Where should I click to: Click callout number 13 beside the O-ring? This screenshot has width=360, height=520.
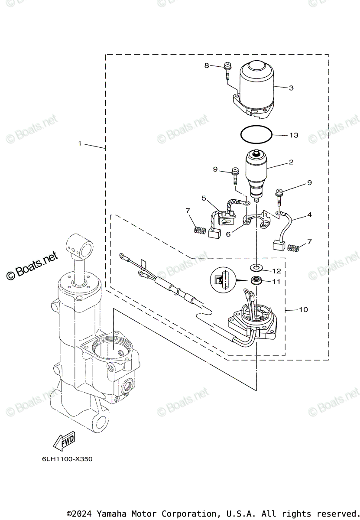tap(294, 135)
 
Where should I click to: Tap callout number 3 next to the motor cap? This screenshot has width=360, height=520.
tap(291, 88)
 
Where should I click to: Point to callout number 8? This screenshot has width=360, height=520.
tap(207, 65)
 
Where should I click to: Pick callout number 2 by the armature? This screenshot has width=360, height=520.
tap(291, 162)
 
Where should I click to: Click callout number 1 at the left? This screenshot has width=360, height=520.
tap(80, 143)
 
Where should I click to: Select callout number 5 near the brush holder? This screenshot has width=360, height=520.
tap(204, 198)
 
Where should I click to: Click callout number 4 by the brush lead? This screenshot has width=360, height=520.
tap(309, 215)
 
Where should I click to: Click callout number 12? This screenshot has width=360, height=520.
tap(276, 271)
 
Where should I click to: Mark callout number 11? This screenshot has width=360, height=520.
tap(276, 282)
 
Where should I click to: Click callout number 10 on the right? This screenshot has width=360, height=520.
tap(303, 309)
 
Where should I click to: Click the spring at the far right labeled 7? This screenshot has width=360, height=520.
tap(294, 247)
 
